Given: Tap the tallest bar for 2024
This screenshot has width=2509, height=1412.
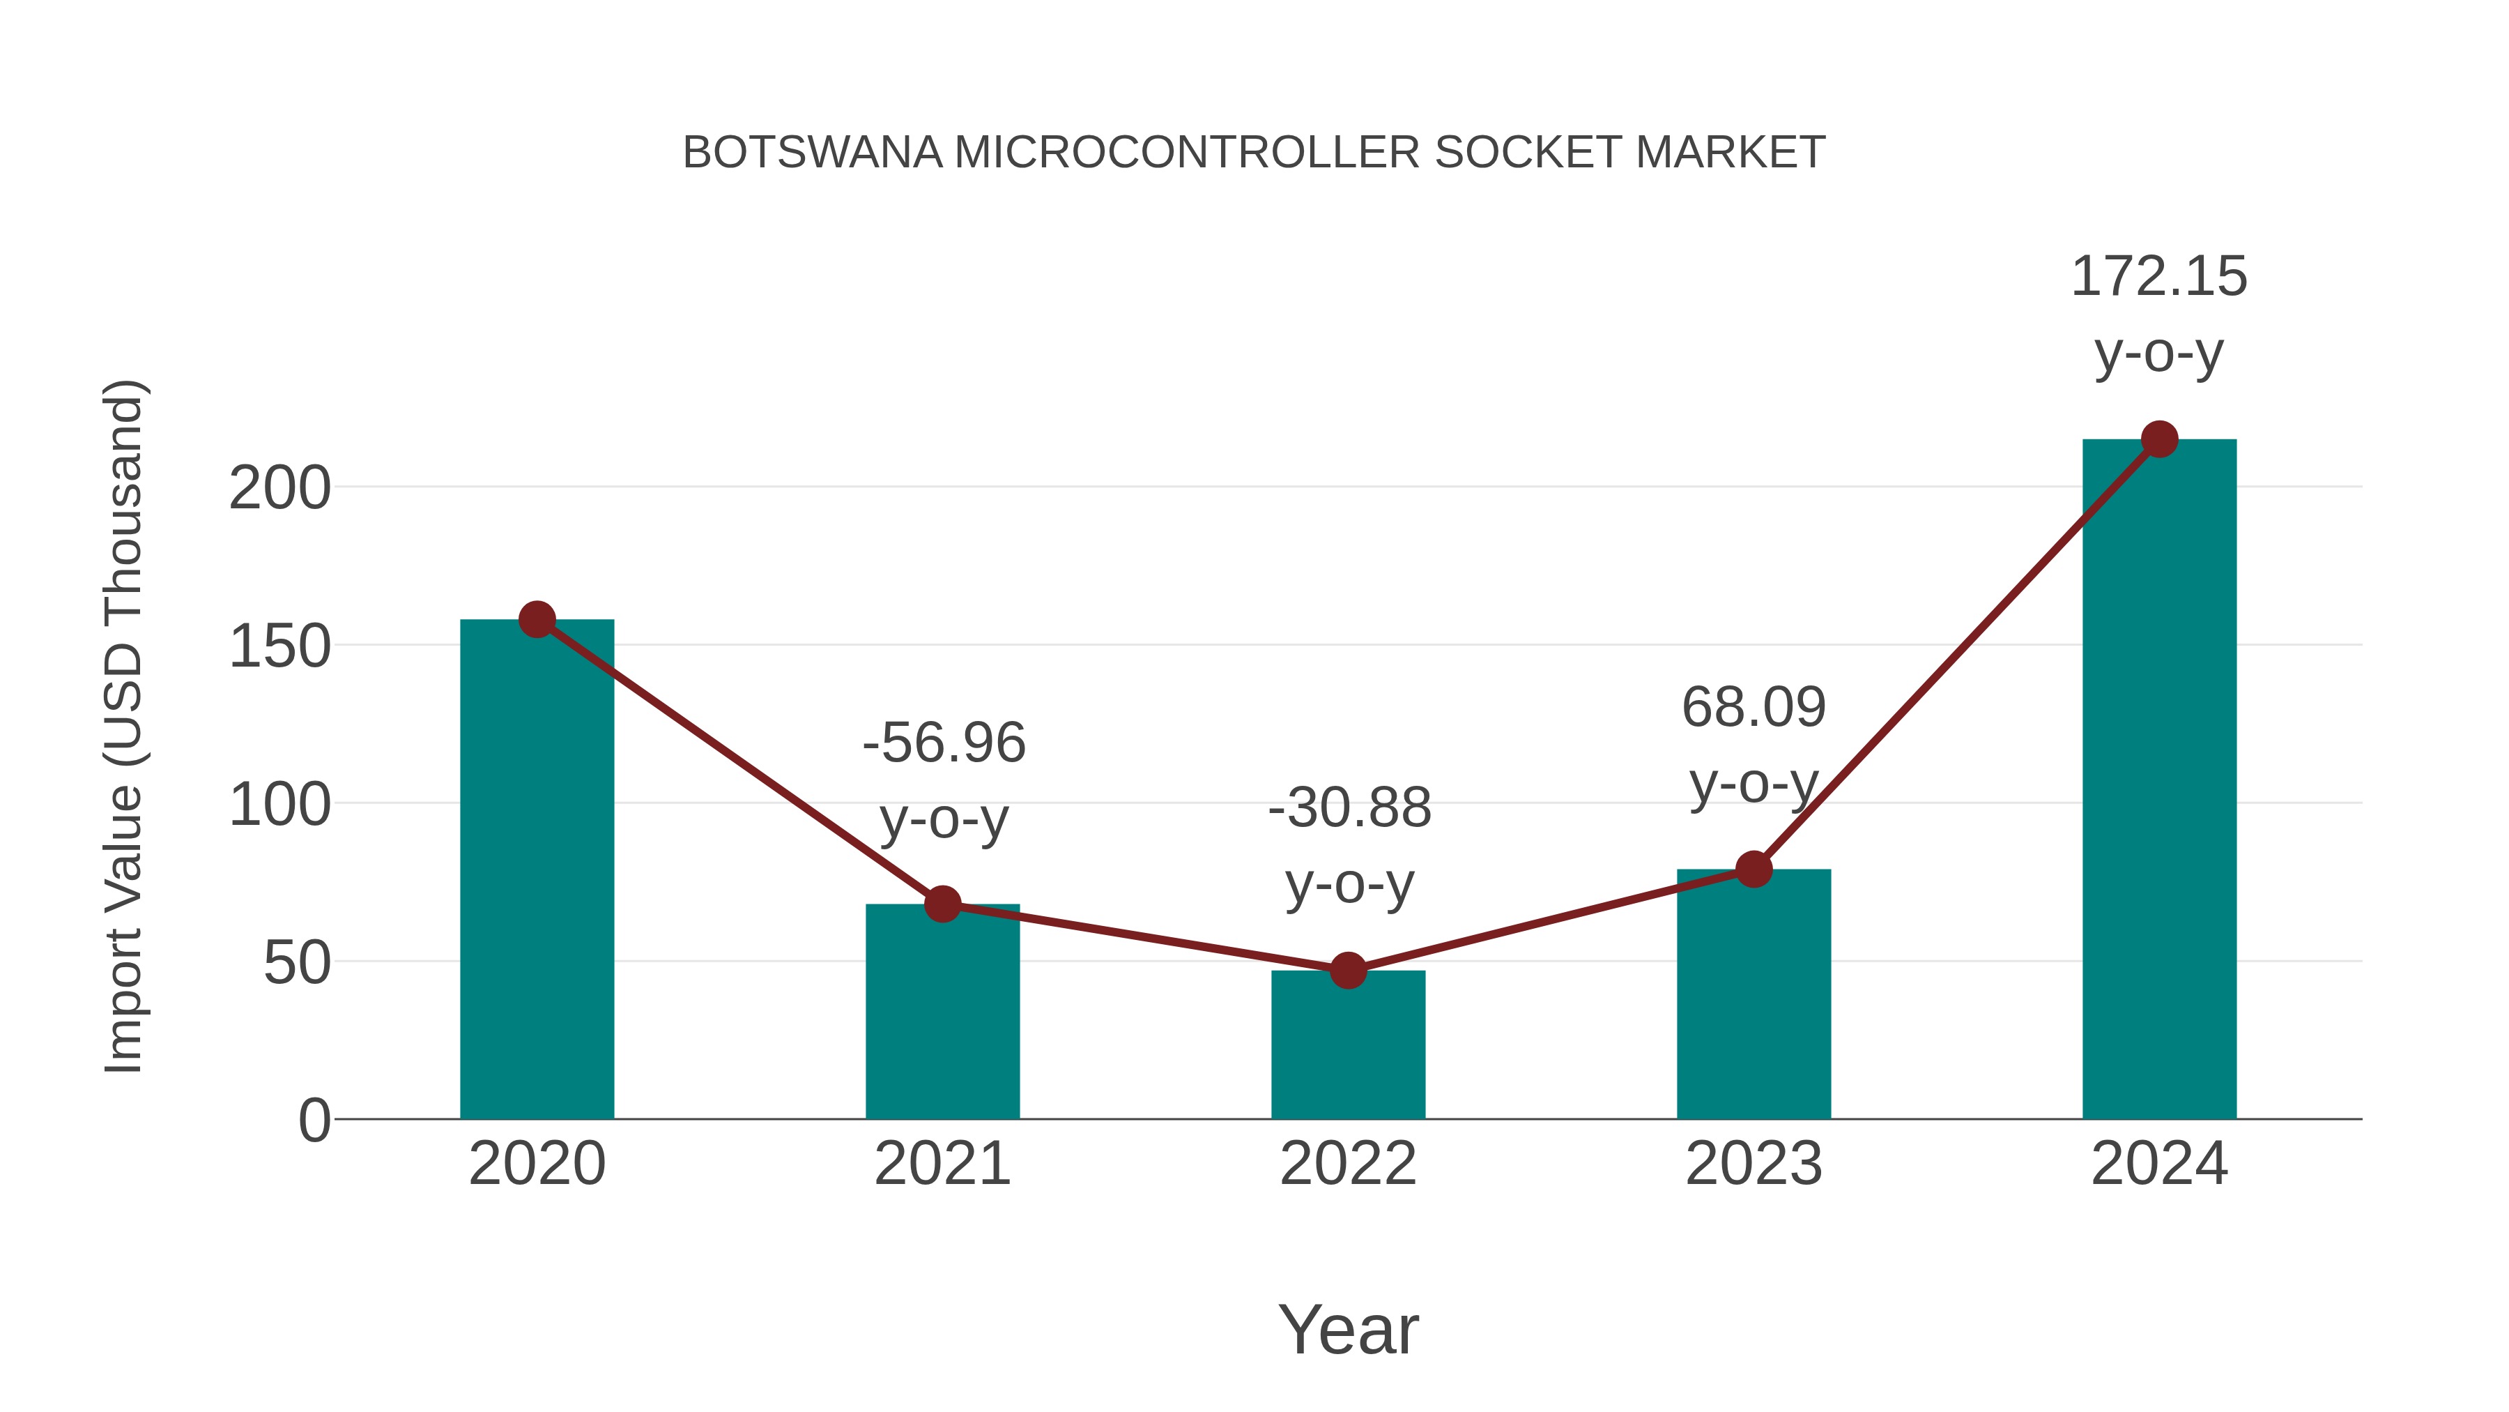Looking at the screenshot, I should pos(2159,780).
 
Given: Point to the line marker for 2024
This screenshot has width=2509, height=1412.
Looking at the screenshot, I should pos(2159,439).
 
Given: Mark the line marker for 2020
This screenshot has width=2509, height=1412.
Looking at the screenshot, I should pos(537,620).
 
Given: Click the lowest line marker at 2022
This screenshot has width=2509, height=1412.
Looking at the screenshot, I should pos(1348,971).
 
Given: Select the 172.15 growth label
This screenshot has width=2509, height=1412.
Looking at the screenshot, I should pos(2159,277).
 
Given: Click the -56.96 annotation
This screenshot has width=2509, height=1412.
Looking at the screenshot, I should pos(944,743).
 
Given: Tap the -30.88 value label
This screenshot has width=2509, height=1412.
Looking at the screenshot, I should pos(1349,809).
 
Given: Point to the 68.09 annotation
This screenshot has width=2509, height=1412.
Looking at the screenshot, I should pos(1754,708).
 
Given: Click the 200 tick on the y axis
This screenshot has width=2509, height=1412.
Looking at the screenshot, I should pos(279,488).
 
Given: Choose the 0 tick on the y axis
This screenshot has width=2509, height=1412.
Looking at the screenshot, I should pos(314,1121).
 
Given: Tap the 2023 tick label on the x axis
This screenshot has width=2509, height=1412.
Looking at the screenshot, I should pos(1754,1164).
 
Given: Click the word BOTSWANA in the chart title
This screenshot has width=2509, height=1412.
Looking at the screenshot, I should pos(813,153).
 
